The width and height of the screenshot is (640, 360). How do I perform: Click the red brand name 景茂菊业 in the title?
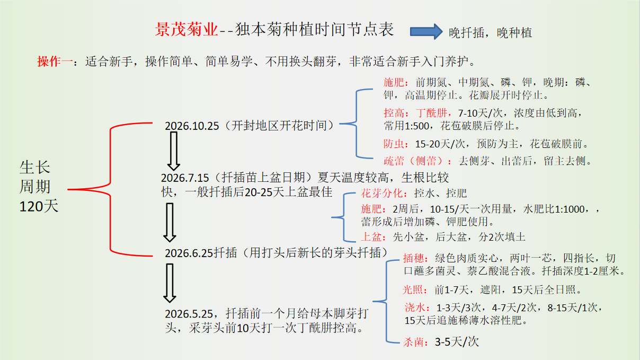coord(186,30)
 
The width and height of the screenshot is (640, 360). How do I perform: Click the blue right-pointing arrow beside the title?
coord(426,31)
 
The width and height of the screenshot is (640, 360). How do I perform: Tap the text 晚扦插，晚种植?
coord(490,33)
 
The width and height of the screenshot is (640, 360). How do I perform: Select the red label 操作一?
coord(54,61)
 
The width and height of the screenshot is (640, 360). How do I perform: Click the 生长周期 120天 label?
coord(39,187)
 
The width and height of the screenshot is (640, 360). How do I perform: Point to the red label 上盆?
coord(371,236)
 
